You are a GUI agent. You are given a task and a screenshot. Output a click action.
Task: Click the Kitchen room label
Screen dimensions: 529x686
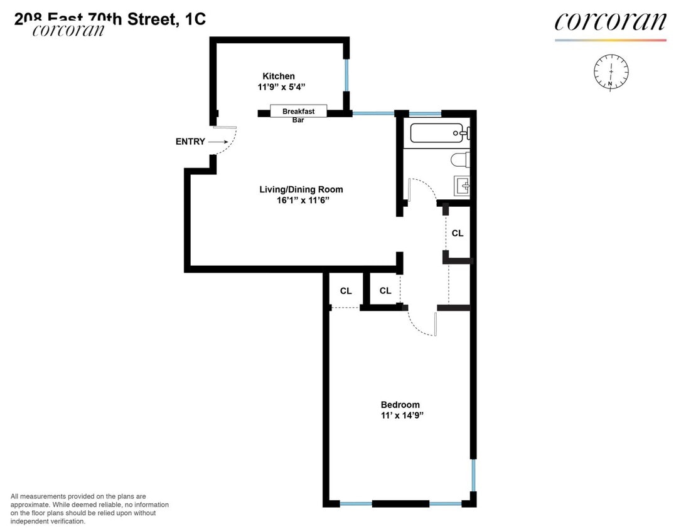[x=278, y=76]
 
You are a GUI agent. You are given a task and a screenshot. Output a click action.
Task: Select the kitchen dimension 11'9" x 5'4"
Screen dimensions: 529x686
[x=282, y=88]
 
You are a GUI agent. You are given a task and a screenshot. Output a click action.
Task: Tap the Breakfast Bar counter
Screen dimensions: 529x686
[x=298, y=112]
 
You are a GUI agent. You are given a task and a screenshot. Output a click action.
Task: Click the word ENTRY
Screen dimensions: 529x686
[x=190, y=142]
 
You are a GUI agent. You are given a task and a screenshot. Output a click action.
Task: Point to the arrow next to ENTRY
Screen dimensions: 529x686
[x=217, y=142]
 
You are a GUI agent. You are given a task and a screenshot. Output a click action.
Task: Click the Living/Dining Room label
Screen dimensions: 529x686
[x=301, y=189]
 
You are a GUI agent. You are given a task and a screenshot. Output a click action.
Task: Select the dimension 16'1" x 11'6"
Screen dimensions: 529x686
[x=294, y=200]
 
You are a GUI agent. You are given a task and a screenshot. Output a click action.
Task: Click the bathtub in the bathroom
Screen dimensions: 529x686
[x=437, y=133]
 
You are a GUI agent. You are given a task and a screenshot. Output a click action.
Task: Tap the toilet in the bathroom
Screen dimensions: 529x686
[x=460, y=160]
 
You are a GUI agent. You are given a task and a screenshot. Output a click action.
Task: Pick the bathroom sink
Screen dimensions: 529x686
[x=463, y=186]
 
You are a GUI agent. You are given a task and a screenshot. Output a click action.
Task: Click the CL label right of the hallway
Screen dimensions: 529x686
[x=458, y=233]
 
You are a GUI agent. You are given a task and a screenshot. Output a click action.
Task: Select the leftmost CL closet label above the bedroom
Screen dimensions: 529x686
[x=346, y=291]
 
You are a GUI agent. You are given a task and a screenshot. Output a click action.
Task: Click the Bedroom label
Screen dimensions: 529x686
[x=400, y=405]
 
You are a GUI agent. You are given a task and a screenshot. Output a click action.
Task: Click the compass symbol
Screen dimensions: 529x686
[x=610, y=71]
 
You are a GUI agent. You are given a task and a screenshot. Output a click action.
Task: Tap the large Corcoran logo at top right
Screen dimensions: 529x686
[x=610, y=22]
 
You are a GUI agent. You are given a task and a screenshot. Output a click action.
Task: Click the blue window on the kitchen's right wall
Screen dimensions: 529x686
[x=346, y=75]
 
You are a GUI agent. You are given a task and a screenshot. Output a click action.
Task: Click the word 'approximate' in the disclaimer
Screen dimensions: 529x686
[x=33, y=505]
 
